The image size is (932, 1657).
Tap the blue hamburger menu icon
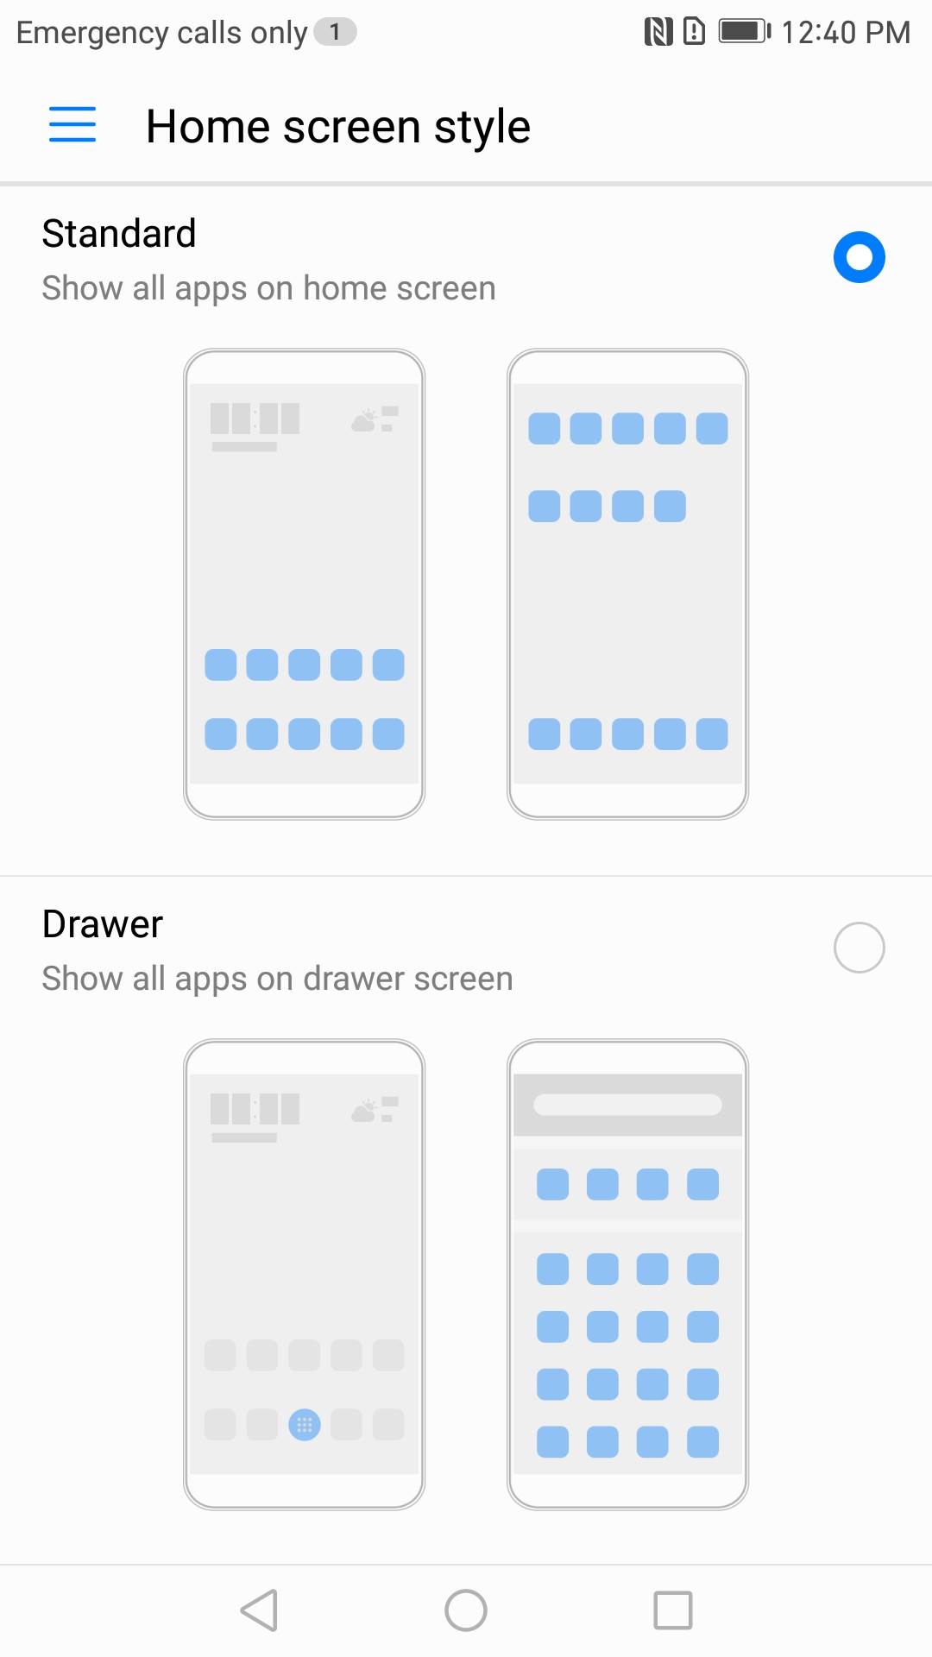click(x=72, y=124)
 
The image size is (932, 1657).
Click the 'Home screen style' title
click(x=338, y=128)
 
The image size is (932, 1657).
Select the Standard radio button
click(x=860, y=257)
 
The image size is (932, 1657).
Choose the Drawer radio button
click(x=860, y=948)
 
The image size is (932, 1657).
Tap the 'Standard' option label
click(x=119, y=233)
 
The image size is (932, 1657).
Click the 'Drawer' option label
click(x=103, y=924)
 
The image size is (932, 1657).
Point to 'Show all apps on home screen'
click(x=269, y=288)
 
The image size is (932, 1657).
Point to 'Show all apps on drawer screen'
click(x=278, y=979)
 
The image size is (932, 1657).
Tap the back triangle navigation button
click(x=260, y=1610)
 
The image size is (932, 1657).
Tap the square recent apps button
click(x=673, y=1610)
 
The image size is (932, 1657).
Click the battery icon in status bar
click(x=745, y=32)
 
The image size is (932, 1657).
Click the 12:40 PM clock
click(x=846, y=33)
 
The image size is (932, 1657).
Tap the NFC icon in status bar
click(x=658, y=32)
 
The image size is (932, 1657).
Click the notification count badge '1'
click(x=335, y=32)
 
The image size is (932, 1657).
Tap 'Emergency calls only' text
click(x=162, y=33)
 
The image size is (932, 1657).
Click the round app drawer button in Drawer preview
click(x=305, y=1425)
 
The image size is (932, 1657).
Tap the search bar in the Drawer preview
click(x=627, y=1105)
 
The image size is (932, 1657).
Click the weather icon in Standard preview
click(x=365, y=420)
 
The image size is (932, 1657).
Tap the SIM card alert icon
click(x=694, y=32)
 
